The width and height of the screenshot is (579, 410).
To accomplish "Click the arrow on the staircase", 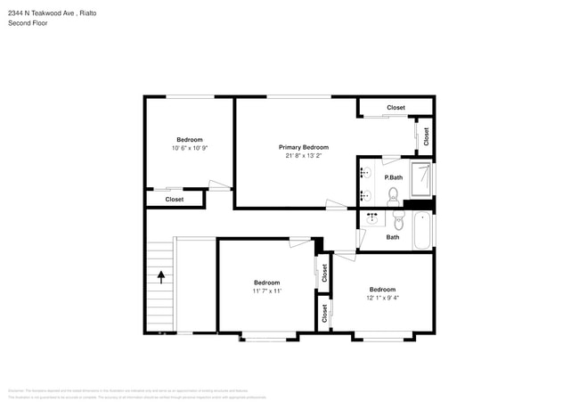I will [x=161, y=276].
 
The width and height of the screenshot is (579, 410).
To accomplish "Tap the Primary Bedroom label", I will [x=303, y=147].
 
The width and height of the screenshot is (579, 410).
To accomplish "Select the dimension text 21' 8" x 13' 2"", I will [x=303, y=156].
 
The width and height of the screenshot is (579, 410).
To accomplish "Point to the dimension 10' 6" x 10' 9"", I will [x=190, y=148].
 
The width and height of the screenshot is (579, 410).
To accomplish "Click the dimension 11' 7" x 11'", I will [x=266, y=291].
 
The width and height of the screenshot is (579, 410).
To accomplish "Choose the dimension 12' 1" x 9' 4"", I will [x=382, y=298].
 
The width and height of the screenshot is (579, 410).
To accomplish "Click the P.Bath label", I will [x=394, y=178].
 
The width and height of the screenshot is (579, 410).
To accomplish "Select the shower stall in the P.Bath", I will [x=422, y=177].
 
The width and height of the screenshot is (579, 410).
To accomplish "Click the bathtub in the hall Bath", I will [x=422, y=232].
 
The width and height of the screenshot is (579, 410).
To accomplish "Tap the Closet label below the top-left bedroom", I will [x=175, y=200].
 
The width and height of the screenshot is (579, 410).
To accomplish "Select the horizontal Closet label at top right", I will [x=396, y=108].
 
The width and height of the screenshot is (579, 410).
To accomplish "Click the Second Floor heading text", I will [x=29, y=23].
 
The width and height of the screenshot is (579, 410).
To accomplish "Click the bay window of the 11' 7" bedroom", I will [x=266, y=336].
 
